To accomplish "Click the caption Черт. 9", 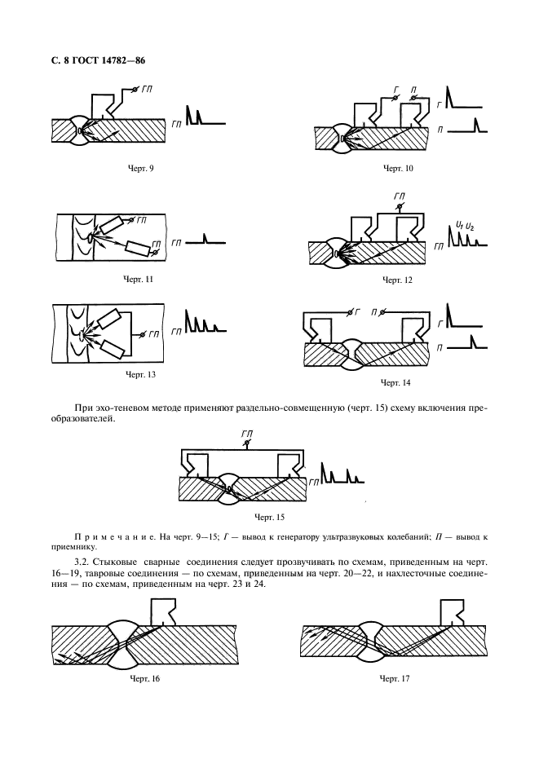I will tap(141, 168).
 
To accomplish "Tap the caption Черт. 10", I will tap(398, 168).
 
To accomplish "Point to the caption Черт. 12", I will tap(398, 280).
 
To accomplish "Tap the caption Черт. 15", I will tap(267, 517).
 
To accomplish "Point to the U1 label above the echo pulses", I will tap(461, 226).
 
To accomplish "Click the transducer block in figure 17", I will tap(451, 611).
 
